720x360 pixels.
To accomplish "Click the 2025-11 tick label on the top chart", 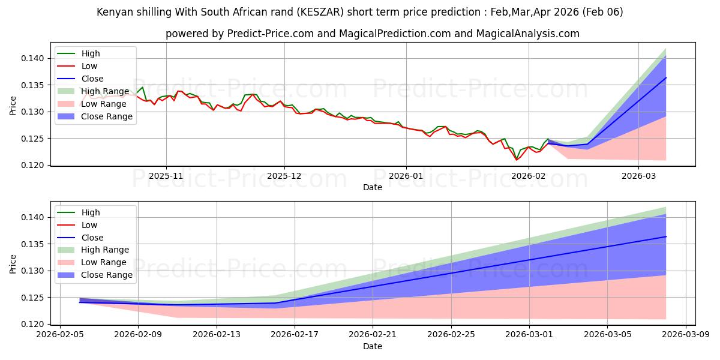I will [x=166, y=177].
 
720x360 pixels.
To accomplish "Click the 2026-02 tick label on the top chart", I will [x=529, y=177].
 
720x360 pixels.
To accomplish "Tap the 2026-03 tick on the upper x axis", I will [x=638, y=177].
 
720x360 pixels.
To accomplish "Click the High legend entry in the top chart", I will [x=91, y=54].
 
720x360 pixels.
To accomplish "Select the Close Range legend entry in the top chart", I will [x=107, y=116].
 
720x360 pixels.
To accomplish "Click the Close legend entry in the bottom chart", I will [x=92, y=238].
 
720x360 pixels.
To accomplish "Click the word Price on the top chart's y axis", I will [x=13, y=106].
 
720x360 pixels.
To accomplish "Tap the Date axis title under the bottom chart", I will [x=373, y=346].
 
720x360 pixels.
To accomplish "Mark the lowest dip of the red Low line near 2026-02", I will [x=516, y=160].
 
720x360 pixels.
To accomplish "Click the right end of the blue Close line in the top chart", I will [x=666, y=77].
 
